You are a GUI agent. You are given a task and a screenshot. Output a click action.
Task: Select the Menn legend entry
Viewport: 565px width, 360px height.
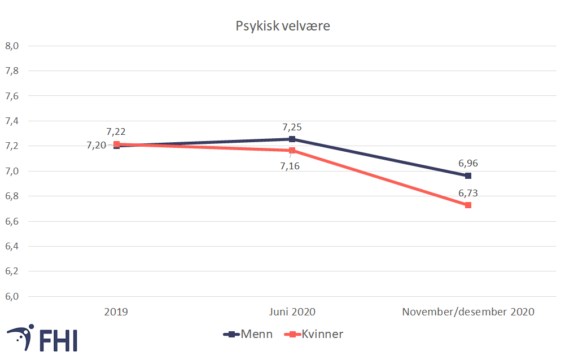pos(248,334)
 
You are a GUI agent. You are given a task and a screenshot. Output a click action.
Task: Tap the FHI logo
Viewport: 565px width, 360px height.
pos(42,337)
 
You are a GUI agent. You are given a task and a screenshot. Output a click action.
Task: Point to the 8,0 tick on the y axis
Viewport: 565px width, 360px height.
pos(12,46)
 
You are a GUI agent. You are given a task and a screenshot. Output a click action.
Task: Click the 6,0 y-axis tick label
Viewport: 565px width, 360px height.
pos(12,296)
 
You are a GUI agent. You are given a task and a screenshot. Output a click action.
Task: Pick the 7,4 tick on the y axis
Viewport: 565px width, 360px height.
pos(12,121)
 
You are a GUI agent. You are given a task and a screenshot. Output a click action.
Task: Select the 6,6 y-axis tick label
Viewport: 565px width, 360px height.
pos(12,221)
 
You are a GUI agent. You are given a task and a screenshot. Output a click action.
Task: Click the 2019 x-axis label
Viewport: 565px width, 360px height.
pos(116,311)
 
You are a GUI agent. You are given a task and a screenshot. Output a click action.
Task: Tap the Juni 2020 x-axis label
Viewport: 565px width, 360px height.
pos(292,311)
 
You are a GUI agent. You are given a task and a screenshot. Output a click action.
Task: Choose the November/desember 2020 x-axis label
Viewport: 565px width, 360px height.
pos(467,311)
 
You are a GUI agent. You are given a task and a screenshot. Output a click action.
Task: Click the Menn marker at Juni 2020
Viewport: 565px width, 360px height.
pos(292,139)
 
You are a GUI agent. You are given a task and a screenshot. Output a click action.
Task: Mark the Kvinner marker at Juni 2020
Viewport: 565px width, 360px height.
pos(292,151)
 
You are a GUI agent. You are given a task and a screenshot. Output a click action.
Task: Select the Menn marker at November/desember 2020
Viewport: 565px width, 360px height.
pos(468,175)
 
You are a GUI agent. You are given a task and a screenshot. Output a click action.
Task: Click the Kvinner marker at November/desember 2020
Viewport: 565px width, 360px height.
pos(468,205)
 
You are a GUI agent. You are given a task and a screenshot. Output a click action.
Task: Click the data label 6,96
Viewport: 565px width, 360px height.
pos(468,164)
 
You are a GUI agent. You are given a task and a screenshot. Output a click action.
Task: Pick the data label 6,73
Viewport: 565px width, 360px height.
pos(468,193)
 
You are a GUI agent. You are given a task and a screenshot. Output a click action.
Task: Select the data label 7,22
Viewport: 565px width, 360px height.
pos(116,131)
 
